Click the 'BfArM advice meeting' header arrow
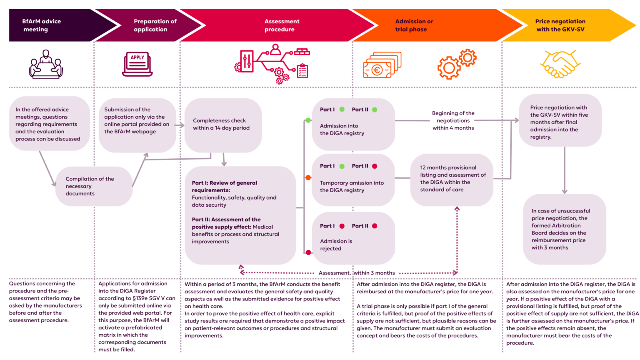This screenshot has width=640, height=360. pos(57,25)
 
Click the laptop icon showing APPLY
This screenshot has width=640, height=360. pos(137,64)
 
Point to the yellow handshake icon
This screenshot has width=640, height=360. pos(560,64)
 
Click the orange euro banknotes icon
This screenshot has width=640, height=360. pos(382,65)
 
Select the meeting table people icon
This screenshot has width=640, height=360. pos(46,64)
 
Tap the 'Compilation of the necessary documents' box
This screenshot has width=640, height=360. pos(94,186)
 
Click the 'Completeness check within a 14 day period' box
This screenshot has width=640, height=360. pos(223,125)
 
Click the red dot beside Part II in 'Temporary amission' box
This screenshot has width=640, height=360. pos(375,166)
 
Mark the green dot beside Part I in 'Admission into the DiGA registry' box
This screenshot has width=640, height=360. pos(342,110)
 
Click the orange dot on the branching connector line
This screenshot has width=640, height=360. pos(308,178)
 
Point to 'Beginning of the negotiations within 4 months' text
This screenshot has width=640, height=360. pos(453,120)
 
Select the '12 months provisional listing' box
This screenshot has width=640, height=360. pos(452,180)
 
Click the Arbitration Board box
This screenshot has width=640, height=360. pos(565,229)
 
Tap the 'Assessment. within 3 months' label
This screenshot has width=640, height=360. pos(357,273)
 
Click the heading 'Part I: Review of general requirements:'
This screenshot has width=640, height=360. pos(224,186)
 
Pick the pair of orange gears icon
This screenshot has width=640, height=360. pos(457,64)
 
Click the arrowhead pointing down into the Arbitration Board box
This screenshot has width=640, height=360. pos(565,191)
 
